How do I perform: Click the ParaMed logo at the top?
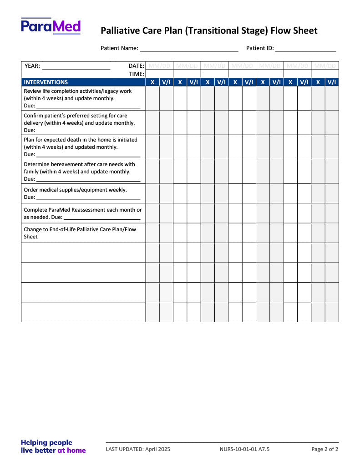pyautogui.click(x=51, y=26)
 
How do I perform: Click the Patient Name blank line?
pyautogui.click(x=188, y=49)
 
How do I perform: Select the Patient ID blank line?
pyautogui.click(x=305, y=49)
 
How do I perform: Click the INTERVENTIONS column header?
pyautogui.click(x=46, y=82)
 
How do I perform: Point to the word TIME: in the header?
pyautogui.click(x=137, y=74)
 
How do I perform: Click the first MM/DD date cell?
pyautogui.click(x=159, y=66)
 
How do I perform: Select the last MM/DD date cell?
pyautogui.click(x=325, y=66)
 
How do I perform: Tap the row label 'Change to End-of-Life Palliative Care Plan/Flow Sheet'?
pyautogui.click(x=80, y=233)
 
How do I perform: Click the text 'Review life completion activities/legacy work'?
pyautogui.click(x=77, y=91)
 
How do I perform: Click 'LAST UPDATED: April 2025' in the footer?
pyautogui.click(x=138, y=449)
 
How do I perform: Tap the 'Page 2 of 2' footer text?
pyautogui.click(x=325, y=449)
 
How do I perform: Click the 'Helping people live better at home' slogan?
pyautogui.click(x=53, y=446)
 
